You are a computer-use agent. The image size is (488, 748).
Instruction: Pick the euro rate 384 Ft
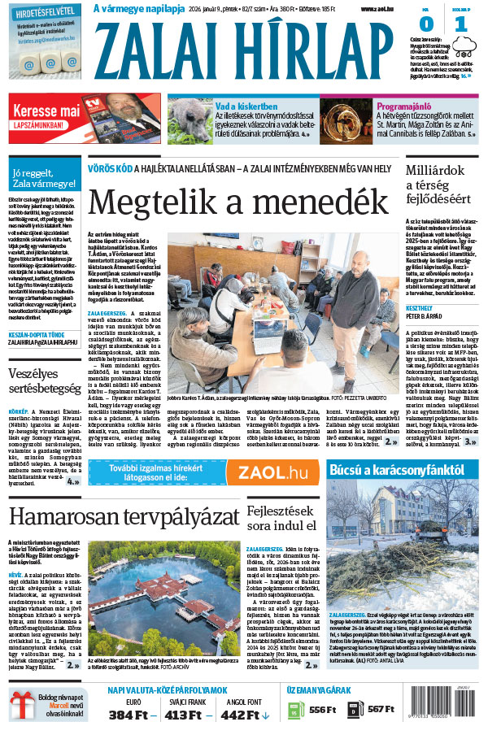coord(132,715)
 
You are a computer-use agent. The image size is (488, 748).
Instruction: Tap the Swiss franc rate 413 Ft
coord(188,715)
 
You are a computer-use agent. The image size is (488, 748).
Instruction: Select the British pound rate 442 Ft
coord(245,715)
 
